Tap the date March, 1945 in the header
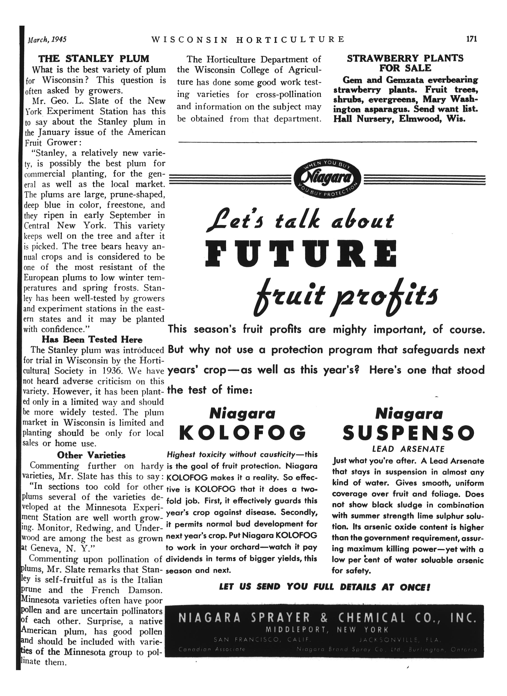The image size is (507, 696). point(47,40)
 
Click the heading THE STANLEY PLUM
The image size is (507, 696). point(94,59)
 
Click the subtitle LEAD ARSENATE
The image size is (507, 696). point(408,449)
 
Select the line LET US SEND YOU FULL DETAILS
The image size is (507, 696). point(324,587)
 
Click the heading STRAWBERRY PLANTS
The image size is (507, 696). point(405,58)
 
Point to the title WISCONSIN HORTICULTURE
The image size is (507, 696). point(248,40)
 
